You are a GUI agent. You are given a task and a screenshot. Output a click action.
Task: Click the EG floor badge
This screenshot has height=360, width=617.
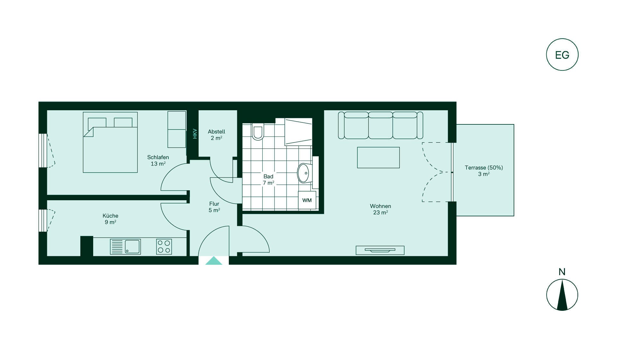click(562, 55)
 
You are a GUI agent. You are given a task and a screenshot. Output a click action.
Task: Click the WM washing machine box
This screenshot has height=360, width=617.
click(307, 200)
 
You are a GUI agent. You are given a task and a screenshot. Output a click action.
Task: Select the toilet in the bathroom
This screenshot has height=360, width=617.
click(258, 132)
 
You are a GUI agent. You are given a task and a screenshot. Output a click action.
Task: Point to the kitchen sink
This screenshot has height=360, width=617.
click(125, 247)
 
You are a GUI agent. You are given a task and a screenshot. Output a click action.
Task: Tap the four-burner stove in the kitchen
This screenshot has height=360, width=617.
click(164, 247)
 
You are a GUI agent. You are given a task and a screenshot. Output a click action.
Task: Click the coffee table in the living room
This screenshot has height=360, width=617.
click(378, 157)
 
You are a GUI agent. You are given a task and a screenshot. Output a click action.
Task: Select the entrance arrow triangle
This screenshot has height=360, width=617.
click(214, 261)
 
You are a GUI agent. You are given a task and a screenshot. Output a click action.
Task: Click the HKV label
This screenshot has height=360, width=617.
click(195, 134)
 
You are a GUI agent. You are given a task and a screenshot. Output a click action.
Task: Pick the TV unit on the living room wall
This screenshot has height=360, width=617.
click(380, 250)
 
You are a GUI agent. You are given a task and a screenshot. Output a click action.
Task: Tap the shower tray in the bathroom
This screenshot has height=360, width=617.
click(298, 132)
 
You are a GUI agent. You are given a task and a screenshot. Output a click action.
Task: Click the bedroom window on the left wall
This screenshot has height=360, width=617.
click(43, 150)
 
